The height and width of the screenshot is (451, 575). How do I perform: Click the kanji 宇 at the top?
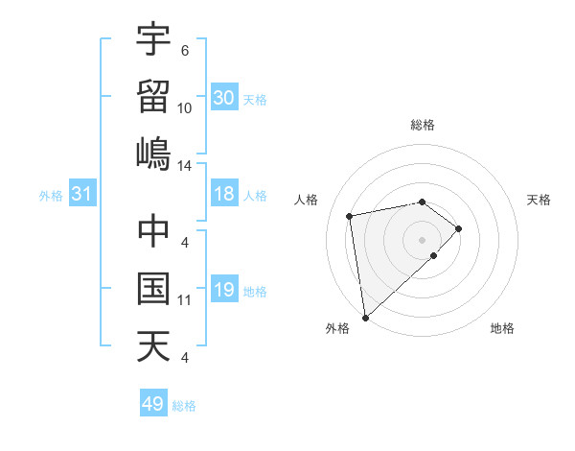click(x=153, y=40)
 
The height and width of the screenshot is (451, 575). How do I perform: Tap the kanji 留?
click(x=153, y=97)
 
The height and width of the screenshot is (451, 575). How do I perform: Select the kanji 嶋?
click(x=153, y=154)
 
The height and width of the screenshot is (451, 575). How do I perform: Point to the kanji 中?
click(x=153, y=230)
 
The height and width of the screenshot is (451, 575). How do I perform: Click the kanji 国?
click(x=153, y=289)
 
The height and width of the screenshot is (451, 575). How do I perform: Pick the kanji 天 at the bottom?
click(x=153, y=346)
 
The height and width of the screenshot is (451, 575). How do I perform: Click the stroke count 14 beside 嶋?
click(x=184, y=166)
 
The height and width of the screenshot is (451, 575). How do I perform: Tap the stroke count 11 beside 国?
click(x=184, y=300)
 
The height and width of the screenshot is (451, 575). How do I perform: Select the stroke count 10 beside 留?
click(x=184, y=108)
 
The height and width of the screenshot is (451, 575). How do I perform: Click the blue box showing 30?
click(x=224, y=97)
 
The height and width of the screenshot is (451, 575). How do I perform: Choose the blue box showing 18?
click(x=224, y=195)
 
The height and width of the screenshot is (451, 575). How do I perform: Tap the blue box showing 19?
click(x=224, y=290)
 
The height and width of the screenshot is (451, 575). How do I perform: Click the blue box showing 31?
click(x=82, y=195)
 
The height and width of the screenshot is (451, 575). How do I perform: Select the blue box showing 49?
click(x=153, y=404)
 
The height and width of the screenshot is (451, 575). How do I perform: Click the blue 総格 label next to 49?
click(x=184, y=406)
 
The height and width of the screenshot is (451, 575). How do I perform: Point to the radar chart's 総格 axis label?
click(x=423, y=125)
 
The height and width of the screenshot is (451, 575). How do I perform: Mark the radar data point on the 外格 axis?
click(x=365, y=317)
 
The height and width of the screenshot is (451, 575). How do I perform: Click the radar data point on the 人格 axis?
click(x=350, y=215)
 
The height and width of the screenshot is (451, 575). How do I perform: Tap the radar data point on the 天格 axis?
click(x=459, y=228)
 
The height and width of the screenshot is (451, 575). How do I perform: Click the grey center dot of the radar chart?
click(x=423, y=240)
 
